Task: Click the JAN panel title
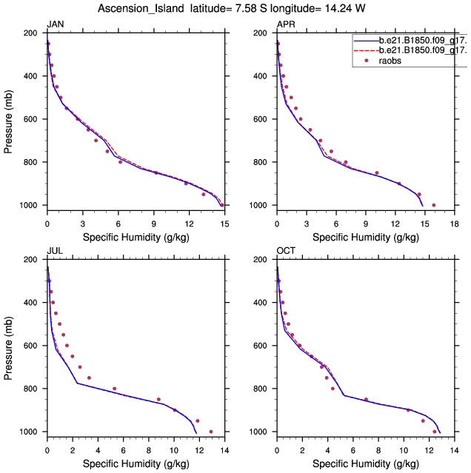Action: [x=55, y=24]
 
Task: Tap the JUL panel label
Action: [x=54, y=251]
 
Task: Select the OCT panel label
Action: [x=285, y=251]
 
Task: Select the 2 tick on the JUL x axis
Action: [x=73, y=446]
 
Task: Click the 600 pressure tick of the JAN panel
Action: [x=33, y=119]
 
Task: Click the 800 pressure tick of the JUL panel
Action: [x=33, y=389]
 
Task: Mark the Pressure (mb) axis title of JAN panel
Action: [x=8, y=119]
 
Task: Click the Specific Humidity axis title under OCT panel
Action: [x=365, y=463]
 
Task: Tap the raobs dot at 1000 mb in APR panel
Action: [x=434, y=205]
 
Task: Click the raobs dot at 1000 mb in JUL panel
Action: [x=211, y=432]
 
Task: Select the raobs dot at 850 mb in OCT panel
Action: [x=366, y=400]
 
